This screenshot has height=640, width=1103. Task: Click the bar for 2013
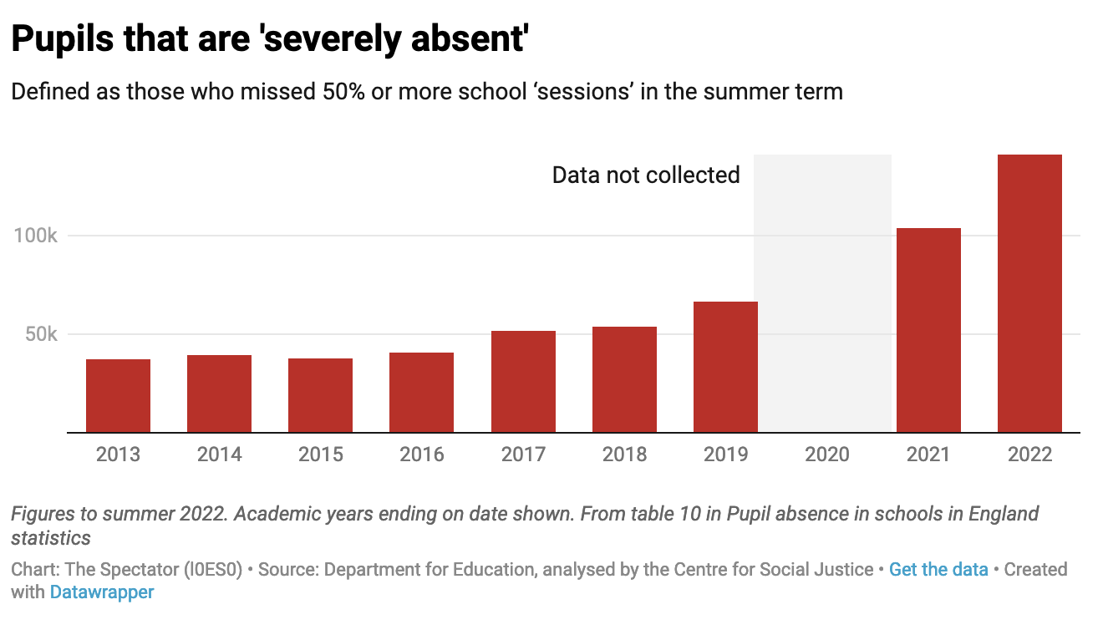pyautogui.click(x=118, y=396)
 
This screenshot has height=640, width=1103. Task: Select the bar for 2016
pyautogui.click(x=421, y=393)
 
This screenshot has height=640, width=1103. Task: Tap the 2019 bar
pyautogui.click(x=725, y=368)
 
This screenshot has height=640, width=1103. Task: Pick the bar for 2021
pyautogui.click(x=928, y=331)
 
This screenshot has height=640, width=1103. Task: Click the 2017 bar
pyautogui.click(x=523, y=382)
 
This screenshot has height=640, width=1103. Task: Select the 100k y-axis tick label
pyautogui.click(x=35, y=236)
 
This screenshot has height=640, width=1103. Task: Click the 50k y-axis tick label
pyautogui.click(x=41, y=334)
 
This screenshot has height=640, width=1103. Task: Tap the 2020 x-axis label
pyautogui.click(x=826, y=455)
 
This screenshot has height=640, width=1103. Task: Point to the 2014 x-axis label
pyautogui.click(x=219, y=455)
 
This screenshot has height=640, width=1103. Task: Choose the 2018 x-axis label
pyautogui.click(x=624, y=455)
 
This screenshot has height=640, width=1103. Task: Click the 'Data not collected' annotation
pyautogui.click(x=646, y=175)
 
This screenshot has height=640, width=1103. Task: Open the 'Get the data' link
pyautogui.click(x=938, y=570)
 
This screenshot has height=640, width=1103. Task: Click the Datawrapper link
pyautogui.click(x=102, y=592)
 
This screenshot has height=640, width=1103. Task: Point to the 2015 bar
pyautogui.click(x=320, y=395)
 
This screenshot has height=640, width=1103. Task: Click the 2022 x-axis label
pyautogui.click(x=1029, y=455)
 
